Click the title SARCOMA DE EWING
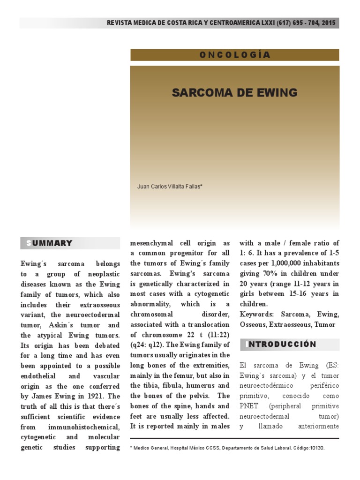pos(234,92)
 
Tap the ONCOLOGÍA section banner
pos(234,55)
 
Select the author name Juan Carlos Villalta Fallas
pos(169,186)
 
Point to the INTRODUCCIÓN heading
pos(281,345)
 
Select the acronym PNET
pos(248,406)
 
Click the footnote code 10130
pos(315,448)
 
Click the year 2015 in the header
pos(329,23)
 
